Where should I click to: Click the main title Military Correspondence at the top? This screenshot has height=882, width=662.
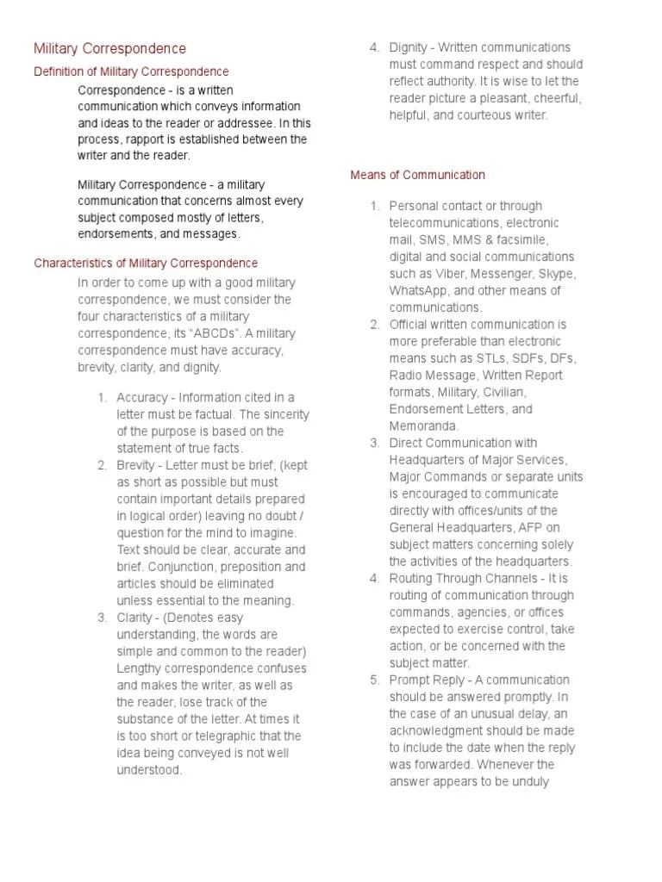pyautogui.click(x=109, y=48)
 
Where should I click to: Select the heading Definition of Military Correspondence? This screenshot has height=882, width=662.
pyautogui.click(x=131, y=71)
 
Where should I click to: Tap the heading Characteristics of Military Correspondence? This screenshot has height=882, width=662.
pyautogui.click(x=145, y=263)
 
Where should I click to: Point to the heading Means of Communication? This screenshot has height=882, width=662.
pyautogui.click(x=417, y=175)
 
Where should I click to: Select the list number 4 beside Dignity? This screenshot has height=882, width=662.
pyautogui.click(x=373, y=47)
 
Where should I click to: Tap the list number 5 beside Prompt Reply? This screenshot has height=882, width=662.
pyautogui.click(x=373, y=680)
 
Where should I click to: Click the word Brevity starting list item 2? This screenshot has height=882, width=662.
pyautogui.click(x=137, y=465)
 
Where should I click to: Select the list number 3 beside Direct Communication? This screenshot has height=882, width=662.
pyautogui.click(x=373, y=443)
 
